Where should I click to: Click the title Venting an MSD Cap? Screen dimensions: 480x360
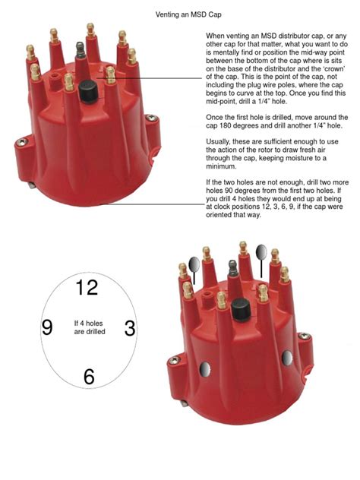[179, 14]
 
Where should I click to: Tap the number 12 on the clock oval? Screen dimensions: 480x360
[87, 287]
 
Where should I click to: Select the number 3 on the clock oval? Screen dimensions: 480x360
[130, 328]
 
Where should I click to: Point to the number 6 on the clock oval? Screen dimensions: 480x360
[89, 376]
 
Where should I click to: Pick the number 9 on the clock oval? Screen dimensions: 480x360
[46, 327]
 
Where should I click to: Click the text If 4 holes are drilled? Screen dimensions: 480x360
[89, 327]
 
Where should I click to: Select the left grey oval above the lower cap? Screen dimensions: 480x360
[193, 264]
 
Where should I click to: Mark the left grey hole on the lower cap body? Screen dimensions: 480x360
[205, 370]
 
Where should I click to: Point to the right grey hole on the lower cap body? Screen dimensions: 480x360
[287, 358]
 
